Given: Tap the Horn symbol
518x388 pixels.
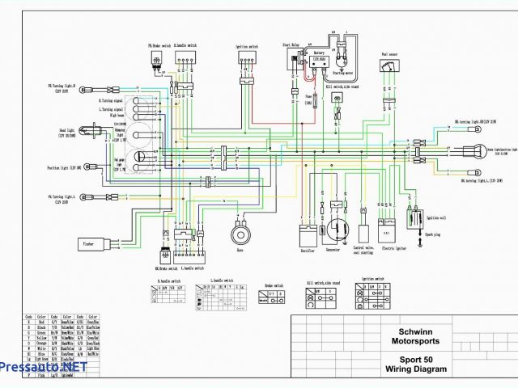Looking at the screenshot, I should [x=240, y=234].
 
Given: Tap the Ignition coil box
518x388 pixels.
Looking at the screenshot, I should [x=414, y=217].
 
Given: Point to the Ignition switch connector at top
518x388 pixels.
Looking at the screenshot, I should [x=247, y=61].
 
